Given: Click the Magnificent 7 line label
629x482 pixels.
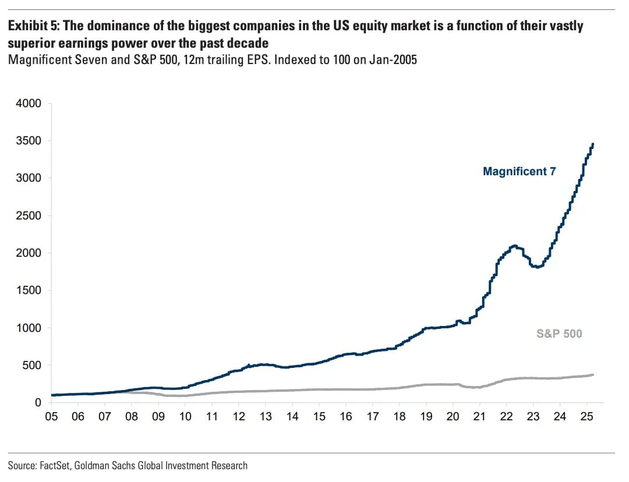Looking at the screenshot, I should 519,171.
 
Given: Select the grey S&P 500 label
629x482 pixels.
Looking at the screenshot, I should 559,334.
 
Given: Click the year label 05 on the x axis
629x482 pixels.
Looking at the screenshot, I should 52,417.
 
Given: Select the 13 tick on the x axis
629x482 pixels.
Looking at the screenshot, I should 266,417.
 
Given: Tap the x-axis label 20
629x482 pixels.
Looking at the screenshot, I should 453,417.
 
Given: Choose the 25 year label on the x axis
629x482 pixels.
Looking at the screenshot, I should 586,417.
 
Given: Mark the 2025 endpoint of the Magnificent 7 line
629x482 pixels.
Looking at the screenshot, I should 593,144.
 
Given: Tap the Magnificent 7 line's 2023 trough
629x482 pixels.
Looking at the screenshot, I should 538,267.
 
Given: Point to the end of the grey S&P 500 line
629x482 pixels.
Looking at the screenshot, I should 593,375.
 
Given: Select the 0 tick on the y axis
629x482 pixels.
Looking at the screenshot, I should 38,403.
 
